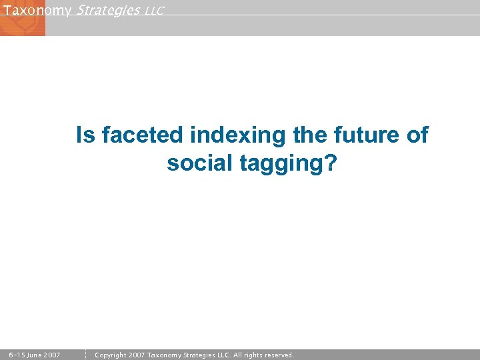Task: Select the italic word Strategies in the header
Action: pos(108,10)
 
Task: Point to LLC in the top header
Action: pos(154,11)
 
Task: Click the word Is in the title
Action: pos(85,135)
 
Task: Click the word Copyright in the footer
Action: pos(111,355)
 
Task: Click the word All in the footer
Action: pos(238,355)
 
